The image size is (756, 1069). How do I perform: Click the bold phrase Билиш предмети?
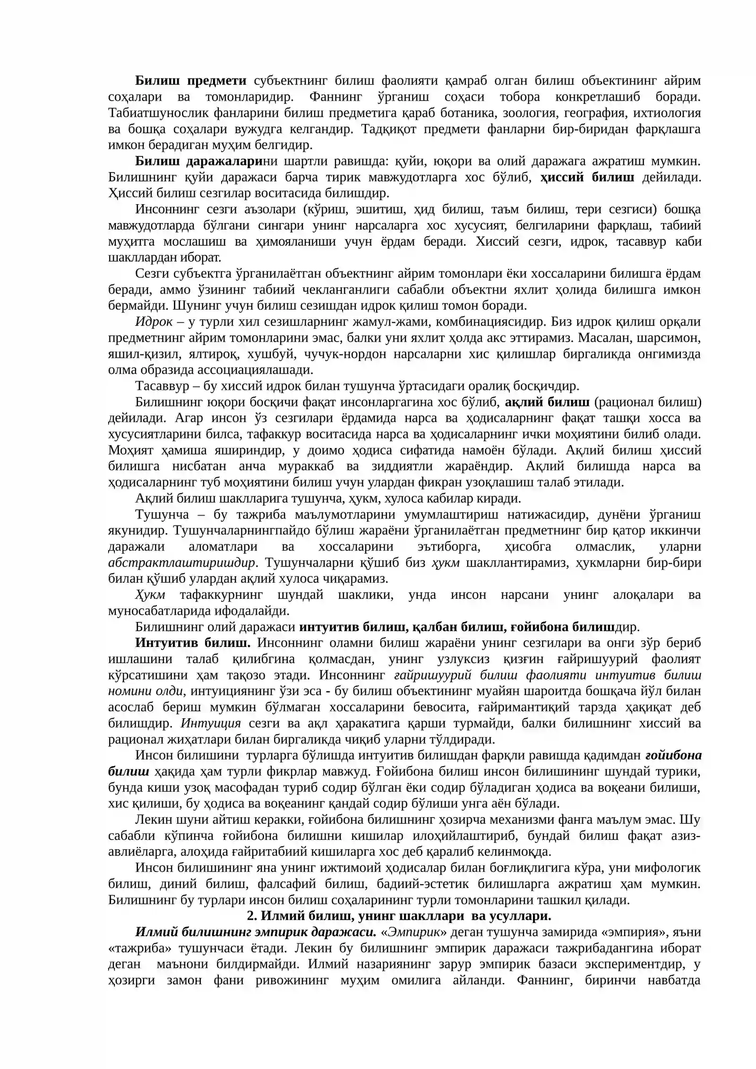pyautogui.click(x=191, y=81)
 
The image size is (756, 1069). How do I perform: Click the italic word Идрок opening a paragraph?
pyautogui.click(x=154, y=322)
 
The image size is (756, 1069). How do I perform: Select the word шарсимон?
pyautogui.click(x=671, y=338)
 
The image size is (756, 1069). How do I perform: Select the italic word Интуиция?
pyautogui.click(x=211, y=724)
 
